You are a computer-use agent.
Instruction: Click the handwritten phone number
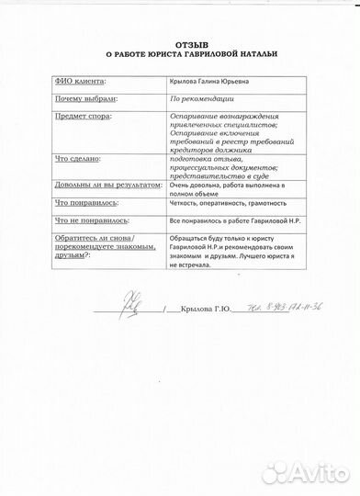coord(265,307)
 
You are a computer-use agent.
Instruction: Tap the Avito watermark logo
coord(312,473)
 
